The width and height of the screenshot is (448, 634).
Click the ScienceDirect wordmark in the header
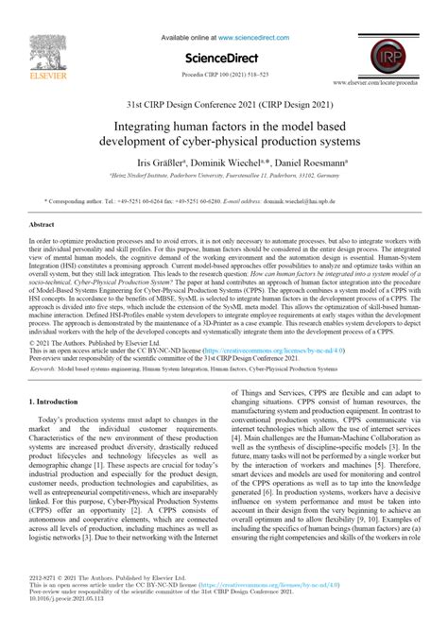pos(224,56)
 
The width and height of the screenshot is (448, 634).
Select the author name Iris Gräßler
pos(139,162)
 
